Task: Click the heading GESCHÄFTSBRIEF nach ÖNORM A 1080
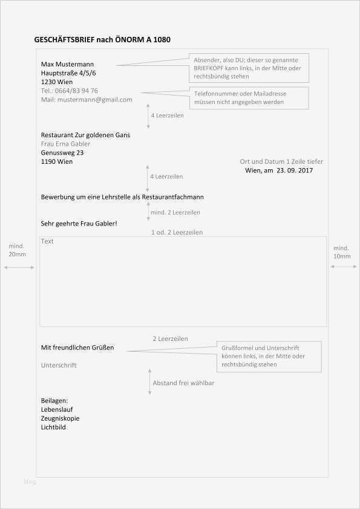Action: [x=103, y=40]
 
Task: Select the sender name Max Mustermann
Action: [x=67, y=64]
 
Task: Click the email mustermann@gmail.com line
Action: [x=87, y=99]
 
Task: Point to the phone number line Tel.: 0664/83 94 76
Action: [x=70, y=91]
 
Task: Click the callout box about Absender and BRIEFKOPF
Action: [x=249, y=68]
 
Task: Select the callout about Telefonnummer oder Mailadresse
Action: [x=249, y=98]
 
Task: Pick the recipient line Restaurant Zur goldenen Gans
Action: [x=85, y=135]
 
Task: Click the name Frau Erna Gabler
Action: [x=66, y=144]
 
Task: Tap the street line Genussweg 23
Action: [x=62, y=153]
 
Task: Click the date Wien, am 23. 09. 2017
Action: [x=279, y=170]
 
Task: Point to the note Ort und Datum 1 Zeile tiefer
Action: [x=281, y=161]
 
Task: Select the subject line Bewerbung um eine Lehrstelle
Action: [x=122, y=197]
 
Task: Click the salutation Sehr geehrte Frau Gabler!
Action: [x=79, y=223]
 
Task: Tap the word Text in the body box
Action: [x=47, y=241]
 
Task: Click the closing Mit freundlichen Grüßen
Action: [x=77, y=348]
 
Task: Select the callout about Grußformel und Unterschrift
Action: [x=269, y=357]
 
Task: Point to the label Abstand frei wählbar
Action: [x=183, y=383]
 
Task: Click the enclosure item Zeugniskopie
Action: [x=60, y=418]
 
